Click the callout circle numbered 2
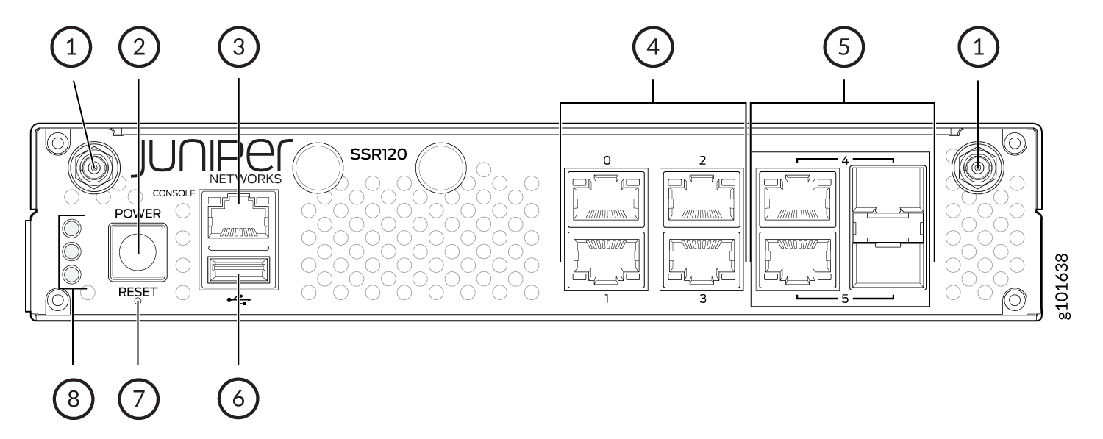pyautogui.click(x=140, y=47)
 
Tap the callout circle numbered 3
pyautogui.click(x=239, y=47)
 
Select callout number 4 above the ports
pyautogui.click(x=653, y=47)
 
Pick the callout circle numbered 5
pyautogui.click(x=844, y=47)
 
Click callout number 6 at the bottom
pyautogui.click(x=239, y=399)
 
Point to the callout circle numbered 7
pyautogui.click(x=139, y=399)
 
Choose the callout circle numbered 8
pyautogui.click(x=74, y=399)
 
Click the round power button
pyautogui.click(x=138, y=251)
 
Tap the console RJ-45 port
pyautogui.click(x=239, y=217)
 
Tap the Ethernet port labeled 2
pyautogui.click(x=702, y=199)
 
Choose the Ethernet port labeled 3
pyautogui.click(x=702, y=260)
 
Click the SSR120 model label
pyautogui.click(x=378, y=154)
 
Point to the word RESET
pyautogui.click(x=138, y=292)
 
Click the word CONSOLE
pyautogui.click(x=174, y=193)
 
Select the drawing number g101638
pyautogui.click(x=1063, y=287)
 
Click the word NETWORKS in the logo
pyautogui.click(x=246, y=179)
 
